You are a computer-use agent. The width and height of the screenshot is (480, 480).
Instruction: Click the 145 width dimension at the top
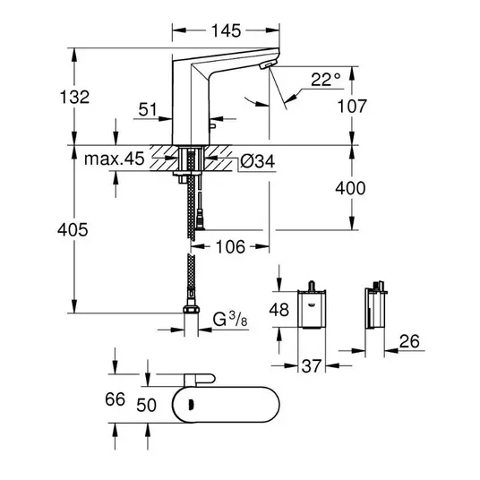pos(227,31)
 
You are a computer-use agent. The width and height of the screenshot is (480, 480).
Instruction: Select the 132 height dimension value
pos(74,97)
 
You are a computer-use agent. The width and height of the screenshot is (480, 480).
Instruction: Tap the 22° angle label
pos(326,80)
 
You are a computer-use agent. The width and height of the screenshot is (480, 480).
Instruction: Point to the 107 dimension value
pos(352,107)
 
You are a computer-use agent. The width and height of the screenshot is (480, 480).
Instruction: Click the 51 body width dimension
pos(148,109)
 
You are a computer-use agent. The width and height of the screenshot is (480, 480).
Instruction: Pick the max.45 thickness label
pos(115,159)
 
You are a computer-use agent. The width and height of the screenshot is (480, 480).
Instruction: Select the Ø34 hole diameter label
pos(257,161)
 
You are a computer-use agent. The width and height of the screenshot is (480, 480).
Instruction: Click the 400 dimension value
pos(350,188)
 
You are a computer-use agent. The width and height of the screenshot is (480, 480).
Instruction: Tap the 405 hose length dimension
pos(73,229)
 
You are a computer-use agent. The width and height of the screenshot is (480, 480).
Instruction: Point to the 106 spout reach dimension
pos(230,247)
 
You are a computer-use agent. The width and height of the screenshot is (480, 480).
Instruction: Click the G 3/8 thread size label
pos(230,320)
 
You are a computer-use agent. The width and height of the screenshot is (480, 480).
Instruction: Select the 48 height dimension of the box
pos(279,309)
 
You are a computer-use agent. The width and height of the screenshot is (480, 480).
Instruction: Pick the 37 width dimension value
pos(312,365)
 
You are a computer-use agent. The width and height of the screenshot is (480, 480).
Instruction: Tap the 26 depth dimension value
pos(409,341)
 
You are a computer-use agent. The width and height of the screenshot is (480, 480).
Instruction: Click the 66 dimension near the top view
pos(116,399)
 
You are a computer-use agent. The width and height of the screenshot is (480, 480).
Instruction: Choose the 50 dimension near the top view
pos(146,405)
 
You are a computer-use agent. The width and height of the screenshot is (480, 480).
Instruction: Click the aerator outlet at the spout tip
pos(268,64)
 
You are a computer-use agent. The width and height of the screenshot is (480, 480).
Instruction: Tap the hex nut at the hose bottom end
pos(192,309)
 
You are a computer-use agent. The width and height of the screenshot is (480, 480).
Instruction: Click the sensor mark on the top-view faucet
pos(192,405)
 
